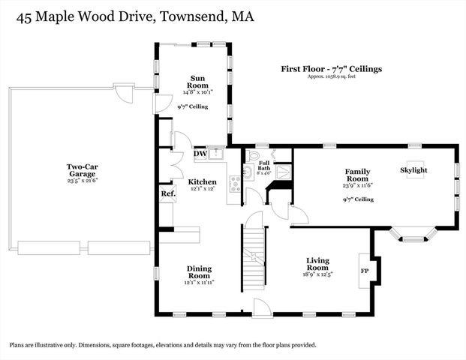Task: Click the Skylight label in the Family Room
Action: pos(413,170)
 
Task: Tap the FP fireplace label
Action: pos(365,271)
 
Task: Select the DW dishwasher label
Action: pos(200,154)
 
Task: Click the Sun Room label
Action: pos(198,82)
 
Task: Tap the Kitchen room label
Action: pos(202,182)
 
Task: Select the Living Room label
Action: pos(317,264)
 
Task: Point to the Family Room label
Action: pos(357,175)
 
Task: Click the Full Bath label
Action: pos(264,166)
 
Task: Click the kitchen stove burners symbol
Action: pos(236,182)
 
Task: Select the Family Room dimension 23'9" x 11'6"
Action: pos(357,185)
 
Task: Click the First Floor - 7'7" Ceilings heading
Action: pos(331,69)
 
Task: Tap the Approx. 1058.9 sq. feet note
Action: pos(331,77)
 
